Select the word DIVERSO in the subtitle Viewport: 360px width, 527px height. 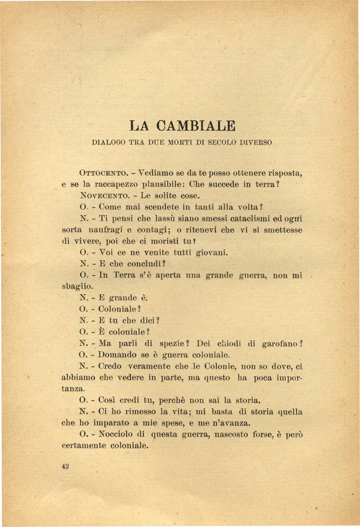point(251,143)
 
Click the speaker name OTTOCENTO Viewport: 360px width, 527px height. point(105,172)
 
